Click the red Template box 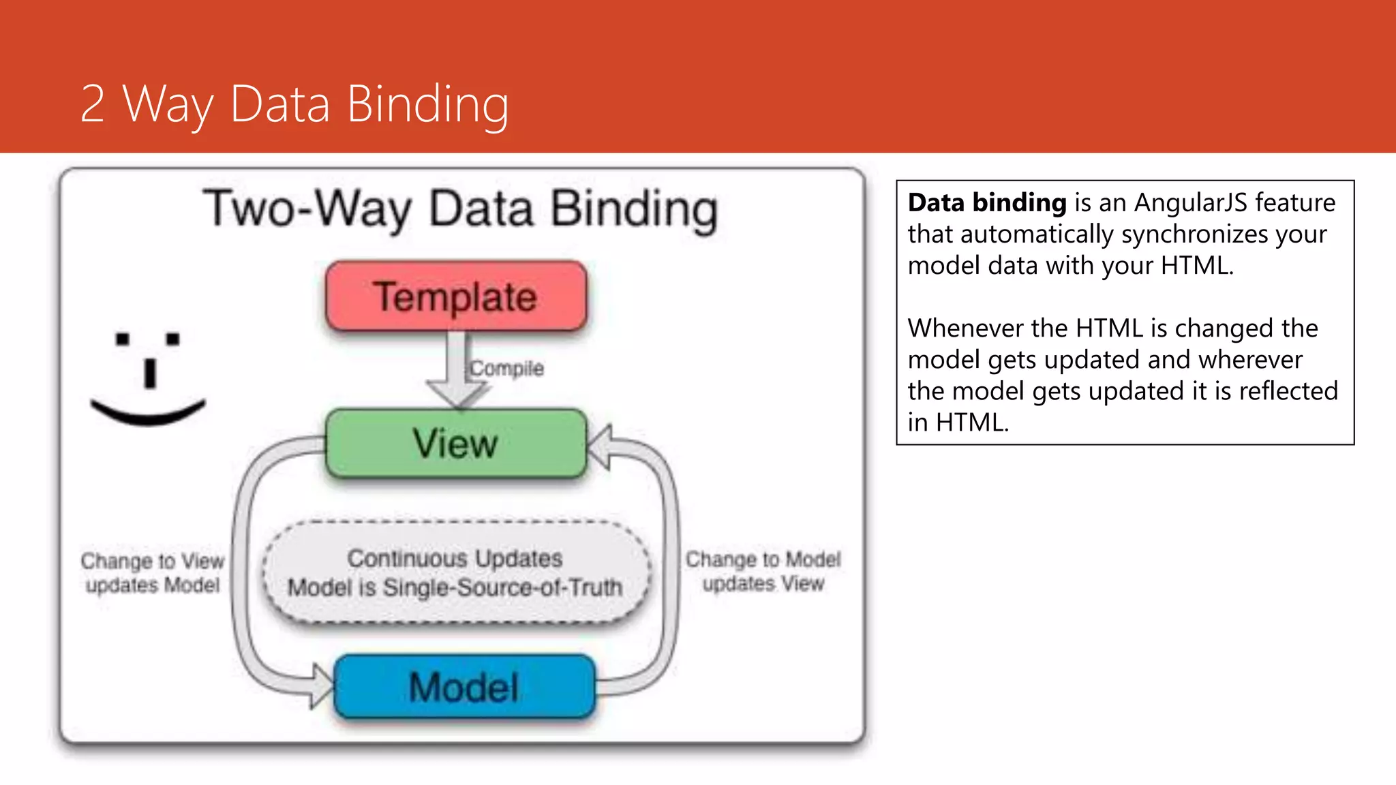click(x=456, y=296)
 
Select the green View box click(x=456, y=444)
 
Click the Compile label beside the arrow click(x=507, y=369)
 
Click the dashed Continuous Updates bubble click(x=455, y=572)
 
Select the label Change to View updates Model click(x=153, y=572)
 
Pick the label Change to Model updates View click(x=763, y=571)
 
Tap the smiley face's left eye click(x=123, y=339)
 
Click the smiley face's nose click(x=150, y=373)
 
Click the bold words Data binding click(x=987, y=203)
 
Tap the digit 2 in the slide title click(x=93, y=104)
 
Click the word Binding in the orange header click(x=427, y=104)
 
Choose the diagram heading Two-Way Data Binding click(x=460, y=209)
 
